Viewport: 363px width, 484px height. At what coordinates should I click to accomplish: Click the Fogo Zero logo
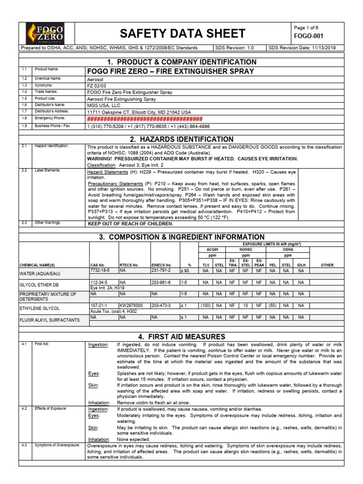[x=44, y=33]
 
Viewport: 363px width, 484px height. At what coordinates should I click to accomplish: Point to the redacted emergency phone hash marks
[x=145, y=119]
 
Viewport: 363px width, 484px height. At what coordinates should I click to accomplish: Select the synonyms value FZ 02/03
[x=97, y=86]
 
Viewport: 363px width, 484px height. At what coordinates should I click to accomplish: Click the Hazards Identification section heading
[x=181, y=139]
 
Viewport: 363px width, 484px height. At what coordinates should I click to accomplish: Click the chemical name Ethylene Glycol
[x=40, y=308]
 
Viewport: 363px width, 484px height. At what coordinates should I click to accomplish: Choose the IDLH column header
[x=301, y=265]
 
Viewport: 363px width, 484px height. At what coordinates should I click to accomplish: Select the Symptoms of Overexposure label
[x=57, y=445]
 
